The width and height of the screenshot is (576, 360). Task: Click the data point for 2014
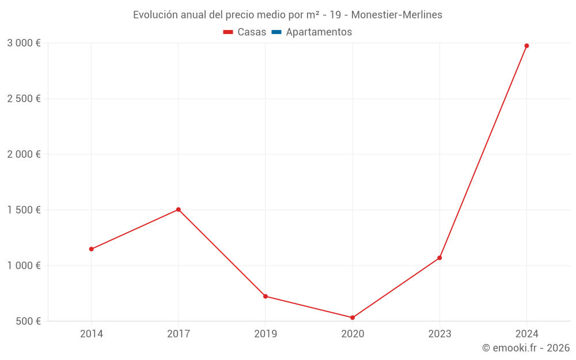tap(91, 249)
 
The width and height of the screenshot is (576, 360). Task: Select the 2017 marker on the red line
tap(179, 210)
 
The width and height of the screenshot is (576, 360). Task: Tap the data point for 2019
tap(266, 296)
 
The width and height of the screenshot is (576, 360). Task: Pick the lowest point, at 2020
tap(353, 317)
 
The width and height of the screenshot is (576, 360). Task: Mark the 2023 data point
tap(439, 257)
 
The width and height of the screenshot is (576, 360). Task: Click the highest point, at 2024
tap(526, 46)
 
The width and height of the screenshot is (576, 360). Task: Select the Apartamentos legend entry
tap(319, 32)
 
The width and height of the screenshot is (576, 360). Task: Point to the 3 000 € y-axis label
tap(24, 43)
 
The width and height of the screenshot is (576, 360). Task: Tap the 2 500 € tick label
tap(24, 98)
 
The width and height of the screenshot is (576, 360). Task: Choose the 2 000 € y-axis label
tap(24, 154)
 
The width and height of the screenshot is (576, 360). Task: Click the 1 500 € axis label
tap(24, 210)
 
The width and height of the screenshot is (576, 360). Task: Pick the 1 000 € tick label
tap(24, 266)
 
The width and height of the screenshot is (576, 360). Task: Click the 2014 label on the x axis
tap(91, 334)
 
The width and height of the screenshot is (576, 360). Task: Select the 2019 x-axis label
tap(266, 334)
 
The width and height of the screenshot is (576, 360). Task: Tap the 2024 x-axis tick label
tap(526, 334)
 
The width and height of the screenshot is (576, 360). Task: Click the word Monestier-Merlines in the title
tap(397, 15)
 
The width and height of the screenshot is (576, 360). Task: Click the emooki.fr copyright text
tap(526, 348)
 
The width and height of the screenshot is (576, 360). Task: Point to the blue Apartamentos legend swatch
tap(276, 32)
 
